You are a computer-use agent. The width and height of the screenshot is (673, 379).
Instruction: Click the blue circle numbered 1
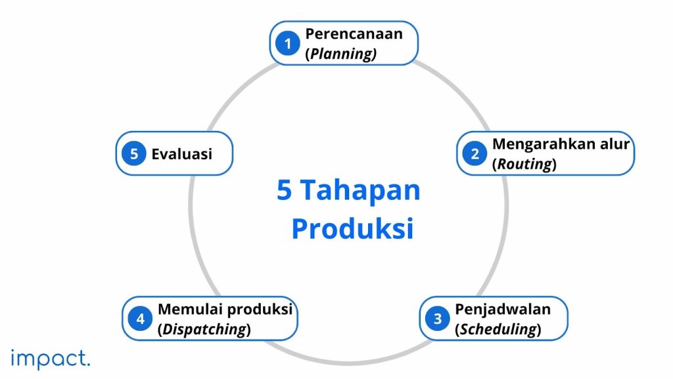click(288, 43)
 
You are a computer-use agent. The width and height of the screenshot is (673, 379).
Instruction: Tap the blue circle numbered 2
click(475, 153)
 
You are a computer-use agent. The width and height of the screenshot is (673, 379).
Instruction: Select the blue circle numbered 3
click(437, 318)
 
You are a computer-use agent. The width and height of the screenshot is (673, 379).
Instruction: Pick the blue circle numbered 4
click(141, 318)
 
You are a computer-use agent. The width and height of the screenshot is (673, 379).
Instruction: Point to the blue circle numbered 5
click(134, 153)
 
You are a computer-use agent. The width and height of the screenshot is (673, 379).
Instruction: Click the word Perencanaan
click(354, 34)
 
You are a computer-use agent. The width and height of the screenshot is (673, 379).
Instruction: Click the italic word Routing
click(524, 164)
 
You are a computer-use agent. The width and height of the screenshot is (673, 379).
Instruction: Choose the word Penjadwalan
click(503, 309)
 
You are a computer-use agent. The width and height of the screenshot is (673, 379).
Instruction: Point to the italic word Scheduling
click(498, 329)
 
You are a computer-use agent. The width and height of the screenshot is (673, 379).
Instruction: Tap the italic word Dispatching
click(204, 329)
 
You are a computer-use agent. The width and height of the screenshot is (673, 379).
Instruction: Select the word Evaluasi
click(182, 154)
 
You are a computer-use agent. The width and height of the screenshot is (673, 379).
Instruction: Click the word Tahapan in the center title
click(360, 190)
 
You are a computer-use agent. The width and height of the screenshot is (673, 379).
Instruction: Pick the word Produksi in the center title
click(352, 228)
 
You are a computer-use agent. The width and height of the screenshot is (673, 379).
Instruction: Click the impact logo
click(51, 359)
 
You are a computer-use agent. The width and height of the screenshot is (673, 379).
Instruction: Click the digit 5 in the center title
click(284, 190)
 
